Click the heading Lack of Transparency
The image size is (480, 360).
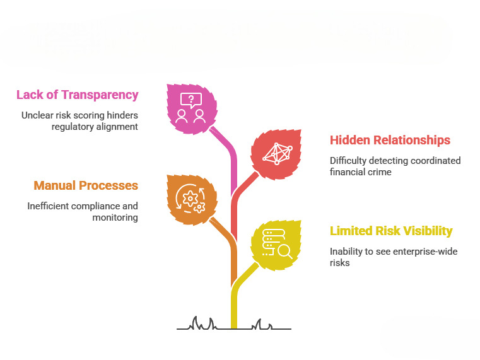pyautogui.click(x=78, y=95)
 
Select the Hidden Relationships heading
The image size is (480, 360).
pyautogui.click(x=390, y=140)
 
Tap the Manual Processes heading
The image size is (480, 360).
pyautogui.click(x=86, y=185)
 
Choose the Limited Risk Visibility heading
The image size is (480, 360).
pyautogui.click(x=391, y=231)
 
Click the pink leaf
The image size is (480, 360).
pyautogui.click(x=191, y=109)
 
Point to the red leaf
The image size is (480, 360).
pyautogui.click(x=276, y=154)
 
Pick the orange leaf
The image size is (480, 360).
pyautogui.click(x=191, y=200)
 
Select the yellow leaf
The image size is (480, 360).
pyautogui.click(x=276, y=245)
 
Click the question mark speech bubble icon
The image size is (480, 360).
pyautogui.click(x=191, y=100)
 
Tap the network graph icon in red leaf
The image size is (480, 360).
pyautogui.click(x=278, y=154)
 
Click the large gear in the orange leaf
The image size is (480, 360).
pyautogui.click(x=190, y=199)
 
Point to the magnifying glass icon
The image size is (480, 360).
pyautogui.click(x=284, y=252)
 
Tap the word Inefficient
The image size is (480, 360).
pyautogui.click(x=48, y=206)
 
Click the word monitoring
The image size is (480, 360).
pyautogui.click(x=115, y=218)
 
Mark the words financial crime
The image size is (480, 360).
pyautogui.click(x=360, y=172)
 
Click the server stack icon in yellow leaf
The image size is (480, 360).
pyautogui.click(x=272, y=242)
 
